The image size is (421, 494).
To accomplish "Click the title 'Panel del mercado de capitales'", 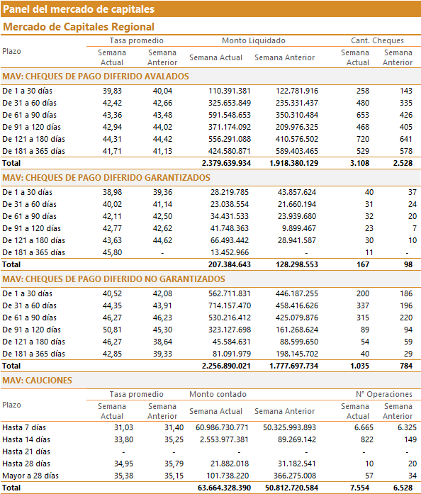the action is pyautogui.click(x=79, y=9).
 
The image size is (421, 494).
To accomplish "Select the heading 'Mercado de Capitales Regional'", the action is pyautogui.click(x=79, y=27).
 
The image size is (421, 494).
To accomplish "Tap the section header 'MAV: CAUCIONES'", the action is pyautogui.click(x=37, y=381).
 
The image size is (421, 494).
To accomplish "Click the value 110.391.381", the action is pyautogui.click(x=230, y=91).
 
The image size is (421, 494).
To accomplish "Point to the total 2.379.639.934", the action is pyautogui.click(x=226, y=163).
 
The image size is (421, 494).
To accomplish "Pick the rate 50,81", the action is pyautogui.click(x=112, y=330).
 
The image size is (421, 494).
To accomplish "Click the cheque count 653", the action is pyautogui.click(x=363, y=115).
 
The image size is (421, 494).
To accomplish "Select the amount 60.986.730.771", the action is pyautogui.click(x=222, y=427).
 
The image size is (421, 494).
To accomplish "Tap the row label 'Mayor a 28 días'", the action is pyautogui.click(x=30, y=476).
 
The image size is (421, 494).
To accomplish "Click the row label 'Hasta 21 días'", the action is pyautogui.click(x=26, y=451).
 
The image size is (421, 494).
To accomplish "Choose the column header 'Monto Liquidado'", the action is pyautogui.click(x=254, y=40).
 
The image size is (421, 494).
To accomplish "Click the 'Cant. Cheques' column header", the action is pyautogui.click(x=377, y=40).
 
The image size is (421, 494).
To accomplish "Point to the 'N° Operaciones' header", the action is pyautogui.click(x=384, y=395).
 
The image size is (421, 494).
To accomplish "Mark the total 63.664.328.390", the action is pyautogui.click(x=225, y=488).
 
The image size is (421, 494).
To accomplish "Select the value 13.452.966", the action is pyautogui.click(x=230, y=253).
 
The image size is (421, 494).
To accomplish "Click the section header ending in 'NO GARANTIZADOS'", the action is pyautogui.click(x=113, y=279).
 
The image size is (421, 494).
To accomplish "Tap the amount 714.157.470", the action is pyautogui.click(x=230, y=305).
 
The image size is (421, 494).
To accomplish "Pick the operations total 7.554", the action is pyautogui.click(x=359, y=488).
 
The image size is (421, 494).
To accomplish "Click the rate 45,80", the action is pyautogui.click(x=112, y=253).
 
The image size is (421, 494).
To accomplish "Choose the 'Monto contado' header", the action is pyautogui.click(x=218, y=395).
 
